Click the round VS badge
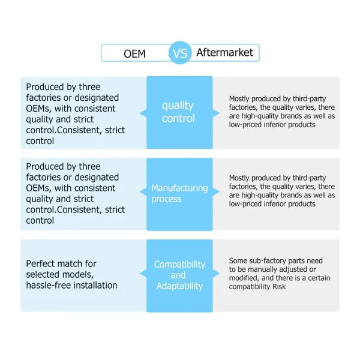click(180, 53)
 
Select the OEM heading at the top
click(134, 54)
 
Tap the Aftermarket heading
click(225, 53)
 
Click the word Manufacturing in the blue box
click(179, 188)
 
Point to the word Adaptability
click(180, 286)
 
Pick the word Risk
click(279, 287)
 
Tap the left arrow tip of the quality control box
click(140, 113)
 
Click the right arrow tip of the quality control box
click(220, 113)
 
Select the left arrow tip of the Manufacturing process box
click(140, 191)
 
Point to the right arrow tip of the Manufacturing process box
click(220, 191)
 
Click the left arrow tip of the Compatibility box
click(140, 273)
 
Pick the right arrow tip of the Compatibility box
click(220, 273)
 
